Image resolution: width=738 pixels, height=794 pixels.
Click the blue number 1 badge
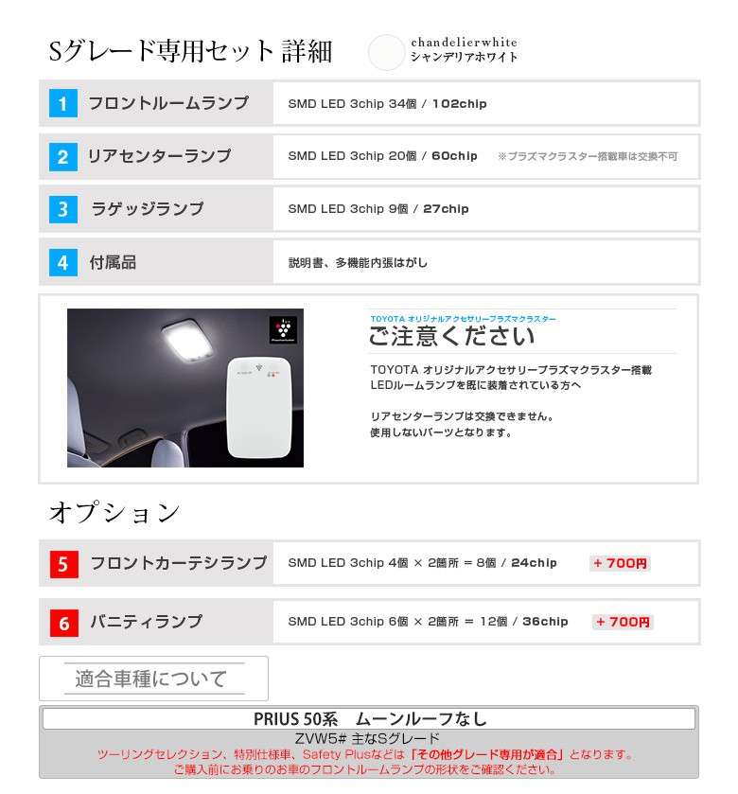pyautogui.click(x=63, y=103)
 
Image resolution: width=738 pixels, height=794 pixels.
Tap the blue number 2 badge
pyautogui.click(x=63, y=157)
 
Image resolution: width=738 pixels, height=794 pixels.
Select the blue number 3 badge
pyautogui.click(x=63, y=209)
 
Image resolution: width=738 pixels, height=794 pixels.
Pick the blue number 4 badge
pyautogui.click(x=63, y=262)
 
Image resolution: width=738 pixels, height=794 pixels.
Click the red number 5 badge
pyautogui.click(x=64, y=564)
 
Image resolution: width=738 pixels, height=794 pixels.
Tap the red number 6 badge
pyautogui.click(x=64, y=623)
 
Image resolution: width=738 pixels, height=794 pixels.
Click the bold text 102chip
pyautogui.click(x=459, y=104)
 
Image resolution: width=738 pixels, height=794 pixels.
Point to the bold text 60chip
pyautogui.click(x=454, y=156)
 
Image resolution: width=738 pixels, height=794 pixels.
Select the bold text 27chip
pyautogui.click(x=446, y=208)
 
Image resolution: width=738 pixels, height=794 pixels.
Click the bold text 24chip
pyautogui.click(x=534, y=562)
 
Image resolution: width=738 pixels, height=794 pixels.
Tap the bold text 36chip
pyautogui.click(x=545, y=622)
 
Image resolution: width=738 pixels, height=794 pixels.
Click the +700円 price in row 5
pyautogui.click(x=620, y=563)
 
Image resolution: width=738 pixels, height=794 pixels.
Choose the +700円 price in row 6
pyautogui.click(x=623, y=622)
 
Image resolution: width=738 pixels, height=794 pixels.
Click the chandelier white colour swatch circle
pyautogui.click(x=386, y=52)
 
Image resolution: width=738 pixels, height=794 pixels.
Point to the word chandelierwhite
pyautogui.click(x=465, y=42)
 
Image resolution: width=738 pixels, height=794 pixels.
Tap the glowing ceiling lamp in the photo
pyautogui.click(x=188, y=341)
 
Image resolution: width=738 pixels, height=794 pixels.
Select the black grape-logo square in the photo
pyautogui.click(x=283, y=330)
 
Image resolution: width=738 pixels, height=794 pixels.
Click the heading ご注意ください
pyautogui.click(x=451, y=336)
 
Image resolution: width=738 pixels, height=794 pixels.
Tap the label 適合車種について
pyautogui.click(x=150, y=679)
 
